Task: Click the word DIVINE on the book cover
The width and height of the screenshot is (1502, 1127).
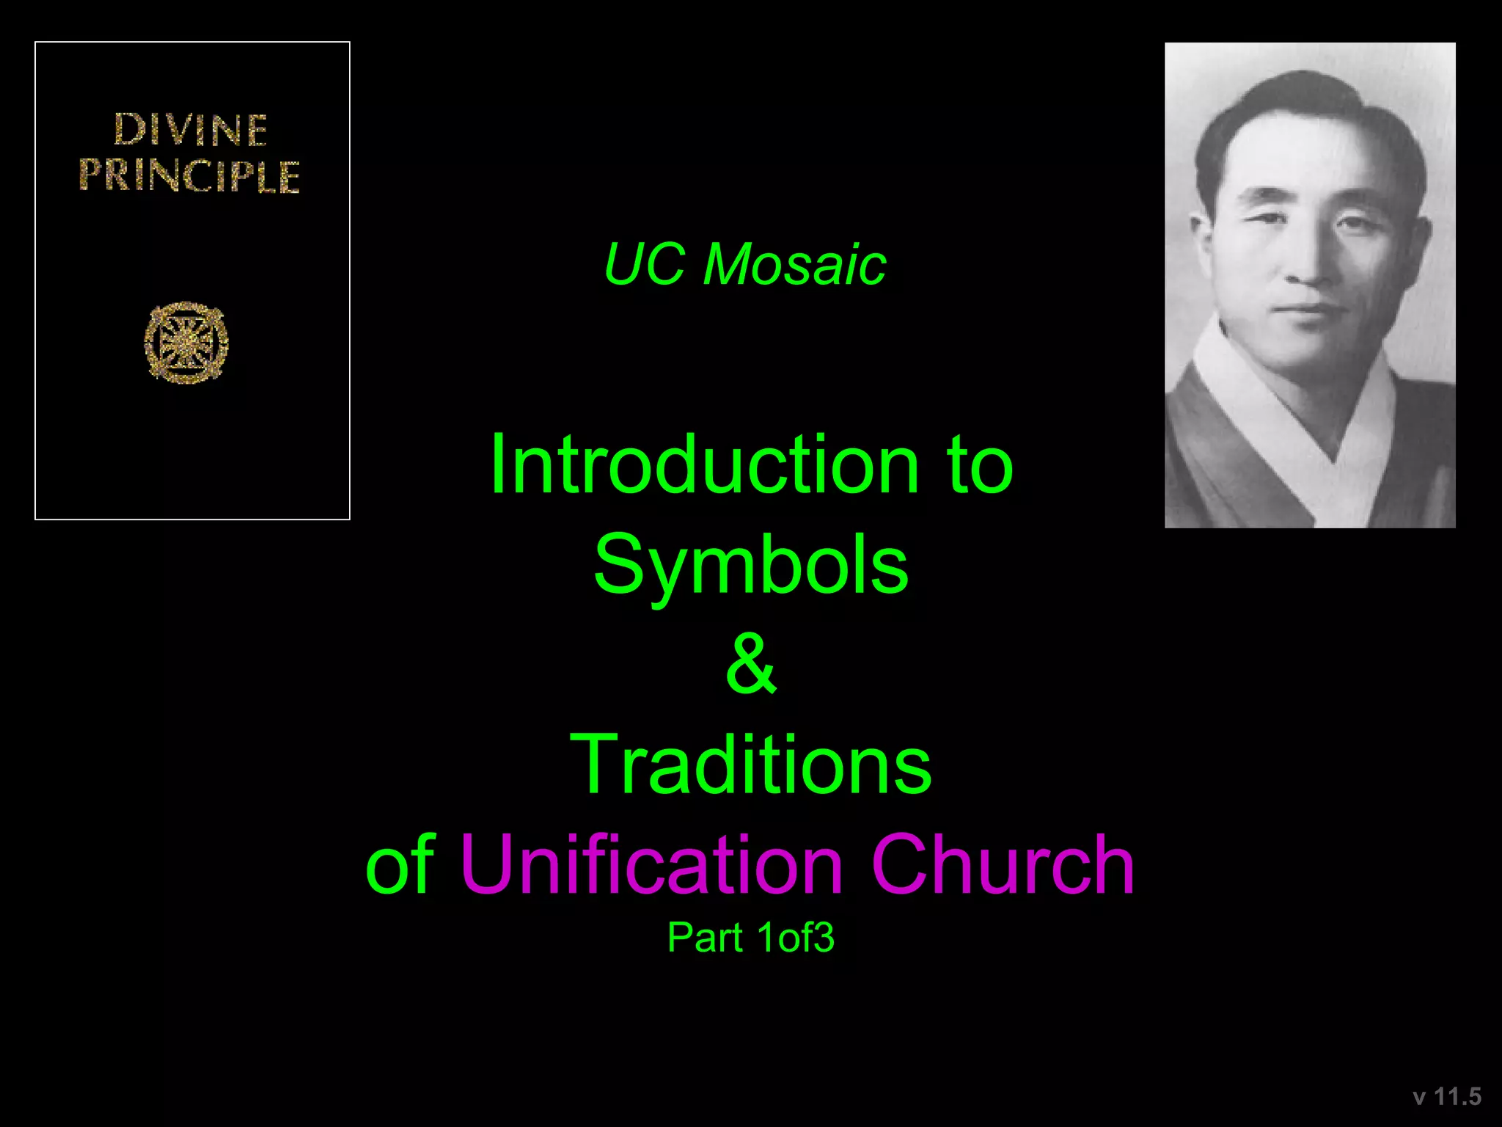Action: point(191,130)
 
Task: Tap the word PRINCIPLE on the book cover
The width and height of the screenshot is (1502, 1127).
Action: point(189,176)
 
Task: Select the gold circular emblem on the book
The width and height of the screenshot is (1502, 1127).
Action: point(186,343)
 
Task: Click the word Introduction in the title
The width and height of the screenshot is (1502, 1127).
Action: point(705,465)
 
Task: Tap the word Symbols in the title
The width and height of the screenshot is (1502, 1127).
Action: point(751,565)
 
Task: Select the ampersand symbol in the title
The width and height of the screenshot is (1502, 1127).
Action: point(751,665)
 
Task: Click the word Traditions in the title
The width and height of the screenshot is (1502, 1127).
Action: point(751,765)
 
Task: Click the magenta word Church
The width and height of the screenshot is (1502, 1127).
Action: point(1003,865)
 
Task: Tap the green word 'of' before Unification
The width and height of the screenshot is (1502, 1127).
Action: point(400,865)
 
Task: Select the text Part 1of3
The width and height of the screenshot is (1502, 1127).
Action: point(751,938)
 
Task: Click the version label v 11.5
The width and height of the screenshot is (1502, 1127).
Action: point(1447,1097)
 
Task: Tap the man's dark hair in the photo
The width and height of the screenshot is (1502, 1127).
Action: point(1291,103)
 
